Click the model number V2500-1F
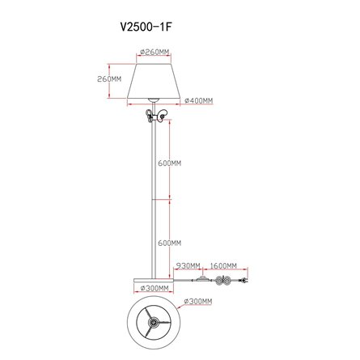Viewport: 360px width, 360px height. point(147,25)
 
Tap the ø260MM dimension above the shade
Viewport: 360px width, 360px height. point(154,53)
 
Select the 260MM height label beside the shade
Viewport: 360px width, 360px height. point(109,79)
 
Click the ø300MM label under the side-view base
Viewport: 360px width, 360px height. point(154,289)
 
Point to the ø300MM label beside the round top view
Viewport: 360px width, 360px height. point(199,302)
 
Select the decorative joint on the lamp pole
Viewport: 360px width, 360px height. point(154,116)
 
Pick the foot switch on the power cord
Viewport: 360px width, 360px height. point(199,278)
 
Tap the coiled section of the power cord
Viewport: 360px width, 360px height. point(220,279)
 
